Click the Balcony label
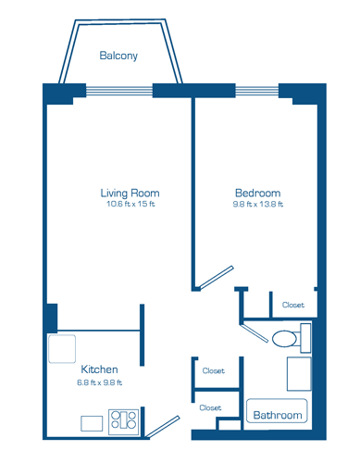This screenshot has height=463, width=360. (x=118, y=56)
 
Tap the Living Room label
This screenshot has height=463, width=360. (x=130, y=194)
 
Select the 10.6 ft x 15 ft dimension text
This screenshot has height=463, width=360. (x=130, y=204)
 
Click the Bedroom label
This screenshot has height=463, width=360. (x=258, y=194)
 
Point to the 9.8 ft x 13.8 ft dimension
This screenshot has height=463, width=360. (x=258, y=205)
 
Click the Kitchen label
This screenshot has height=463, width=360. (x=99, y=369)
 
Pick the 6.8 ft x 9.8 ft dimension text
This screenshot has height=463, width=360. (x=99, y=382)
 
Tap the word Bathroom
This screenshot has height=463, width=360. (x=278, y=415)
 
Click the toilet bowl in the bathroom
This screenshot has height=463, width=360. (x=284, y=339)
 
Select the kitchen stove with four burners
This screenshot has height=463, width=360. (x=123, y=422)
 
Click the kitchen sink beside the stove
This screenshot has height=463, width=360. (x=92, y=423)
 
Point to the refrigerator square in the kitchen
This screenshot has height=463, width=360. (x=62, y=349)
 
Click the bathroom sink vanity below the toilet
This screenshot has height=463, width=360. (x=299, y=374)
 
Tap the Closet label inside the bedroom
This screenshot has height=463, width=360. (x=293, y=305)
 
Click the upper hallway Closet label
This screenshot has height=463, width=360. (x=214, y=370)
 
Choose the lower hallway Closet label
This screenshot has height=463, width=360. (x=210, y=407)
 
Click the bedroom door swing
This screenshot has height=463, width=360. (x=217, y=278)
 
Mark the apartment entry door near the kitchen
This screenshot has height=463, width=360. (x=163, y=427)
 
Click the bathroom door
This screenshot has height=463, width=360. (x=254, y=332)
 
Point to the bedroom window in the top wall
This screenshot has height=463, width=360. (x=257, y=91)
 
